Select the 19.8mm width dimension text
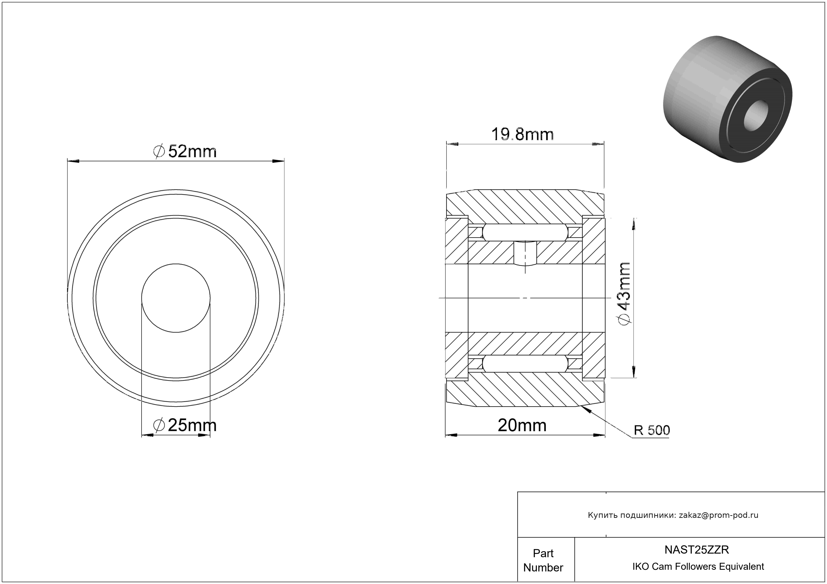[x=523, y=134]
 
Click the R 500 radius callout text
[x=652, y=430]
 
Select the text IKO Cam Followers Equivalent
[x=698, y=566]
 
